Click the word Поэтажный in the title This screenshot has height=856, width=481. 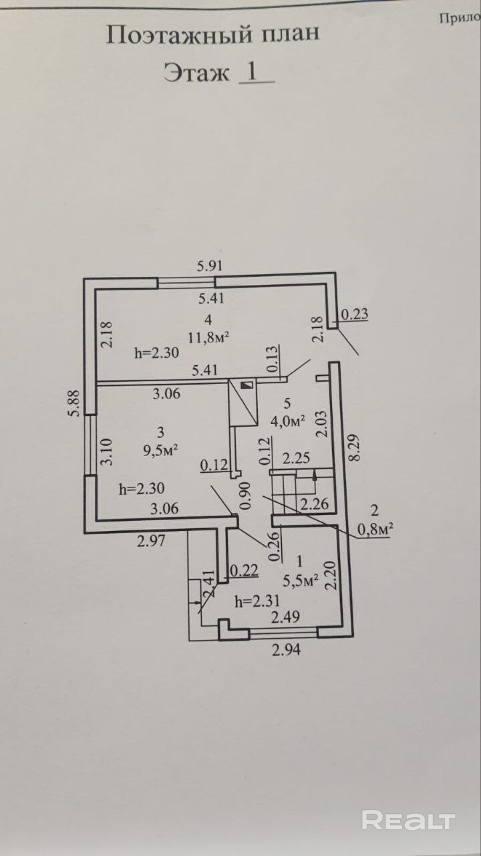point(179,35)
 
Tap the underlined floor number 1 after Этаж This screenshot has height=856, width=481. point(253,72)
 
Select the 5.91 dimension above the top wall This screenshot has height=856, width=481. point(210,265)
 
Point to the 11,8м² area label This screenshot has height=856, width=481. point(208,337)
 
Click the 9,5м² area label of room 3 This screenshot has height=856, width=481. point(161,451)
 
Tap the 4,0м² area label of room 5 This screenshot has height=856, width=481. point(288,421)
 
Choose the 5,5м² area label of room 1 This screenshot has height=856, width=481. point(301,581)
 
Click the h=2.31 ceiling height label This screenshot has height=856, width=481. point(257,602)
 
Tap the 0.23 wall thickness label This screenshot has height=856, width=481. point(355,314)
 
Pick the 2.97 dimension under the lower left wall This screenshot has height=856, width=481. point(152,541)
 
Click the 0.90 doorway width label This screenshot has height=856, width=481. point(245,496)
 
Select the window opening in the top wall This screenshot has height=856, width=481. point(186,283)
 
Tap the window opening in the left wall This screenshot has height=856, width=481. point(90,445)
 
